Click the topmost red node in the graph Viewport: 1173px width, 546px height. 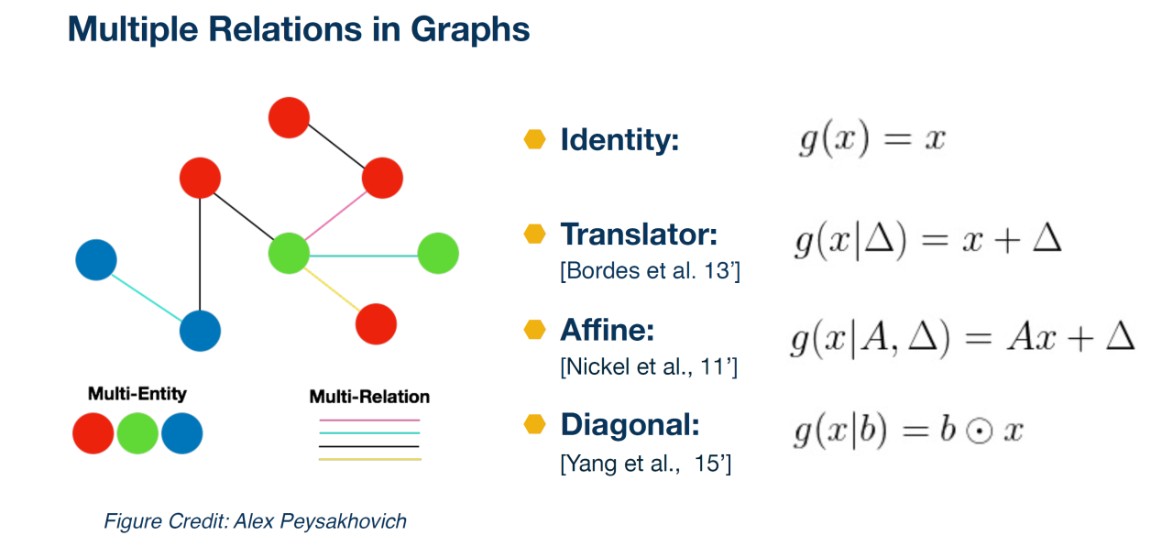tap(289, 118)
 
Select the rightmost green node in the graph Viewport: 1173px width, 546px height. tap(438, 254)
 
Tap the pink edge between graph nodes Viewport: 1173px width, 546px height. tap(335, 215)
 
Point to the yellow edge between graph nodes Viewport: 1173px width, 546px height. tap(332, 289)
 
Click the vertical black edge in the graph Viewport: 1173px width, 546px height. tap(200, 255)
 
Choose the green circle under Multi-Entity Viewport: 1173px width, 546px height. tap(137, 433)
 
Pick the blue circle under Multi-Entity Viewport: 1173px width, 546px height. tap(181, 433)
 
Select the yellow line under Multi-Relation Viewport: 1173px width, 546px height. tap(370, 459)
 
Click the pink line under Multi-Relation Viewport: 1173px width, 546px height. tap(369, 420)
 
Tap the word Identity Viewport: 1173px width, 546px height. tap(619, 140)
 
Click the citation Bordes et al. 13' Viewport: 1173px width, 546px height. tap(650, 271)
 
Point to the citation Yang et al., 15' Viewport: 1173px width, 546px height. tap(645, 464)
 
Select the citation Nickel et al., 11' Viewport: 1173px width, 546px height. tap(648, 367)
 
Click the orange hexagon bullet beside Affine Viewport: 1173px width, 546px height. tap(534, 330)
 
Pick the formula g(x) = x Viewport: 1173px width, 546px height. tap(872, 140)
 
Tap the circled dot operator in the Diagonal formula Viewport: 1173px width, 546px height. tap(980, 432)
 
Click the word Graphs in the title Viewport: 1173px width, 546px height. tap(470, 30)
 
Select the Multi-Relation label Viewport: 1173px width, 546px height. tap(369, 397)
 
